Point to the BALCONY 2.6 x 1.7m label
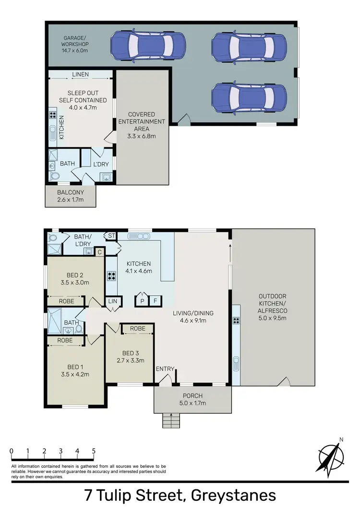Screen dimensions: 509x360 tap(71, 196)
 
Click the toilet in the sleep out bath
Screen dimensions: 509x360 tap(55, 177)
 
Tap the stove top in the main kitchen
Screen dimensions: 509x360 tap(111, 276)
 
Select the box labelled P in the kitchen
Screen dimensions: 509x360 tap(142, 301)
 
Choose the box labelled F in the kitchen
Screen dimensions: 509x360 tap(155, 301)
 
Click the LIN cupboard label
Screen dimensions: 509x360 tap(112, 301)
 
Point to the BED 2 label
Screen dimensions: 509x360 tap(75, 275)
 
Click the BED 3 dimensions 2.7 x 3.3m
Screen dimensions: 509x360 tap(131, 361)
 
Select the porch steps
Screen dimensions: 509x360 tap(170, 421)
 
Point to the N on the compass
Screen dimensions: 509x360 tap(341, 439)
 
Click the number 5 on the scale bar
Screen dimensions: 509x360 tap(94, 451)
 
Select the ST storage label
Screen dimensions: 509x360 tap(111, 236)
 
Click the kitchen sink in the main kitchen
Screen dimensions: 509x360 tap(139, 236)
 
